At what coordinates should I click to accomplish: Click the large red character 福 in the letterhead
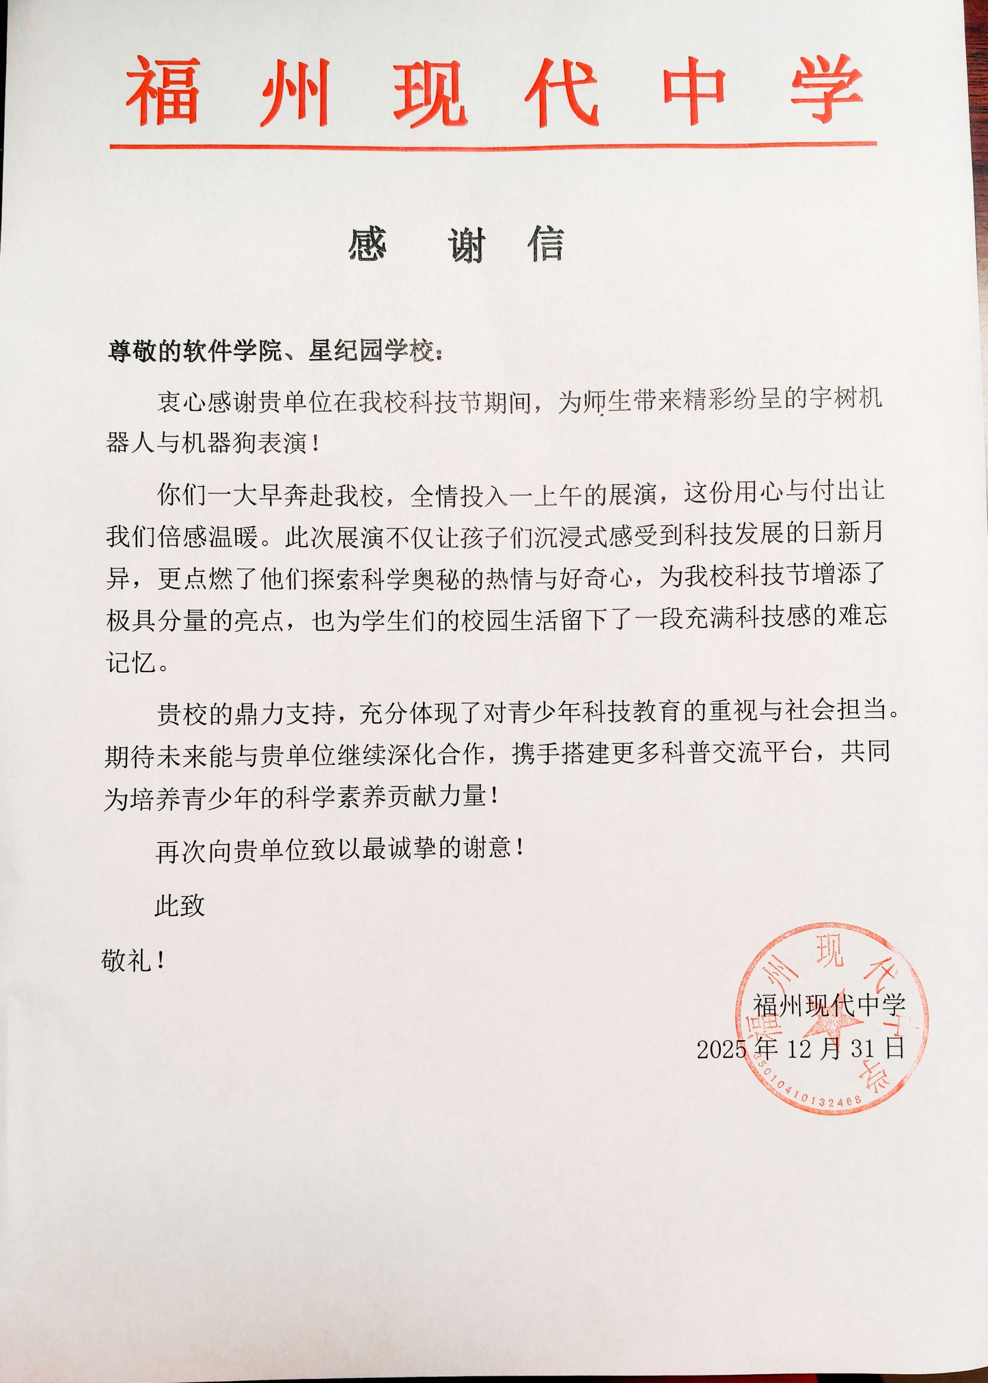[x=163, y=91]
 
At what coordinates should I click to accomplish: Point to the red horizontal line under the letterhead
[x=493, y=145]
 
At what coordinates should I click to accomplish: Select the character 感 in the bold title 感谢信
[x=368, y=245]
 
